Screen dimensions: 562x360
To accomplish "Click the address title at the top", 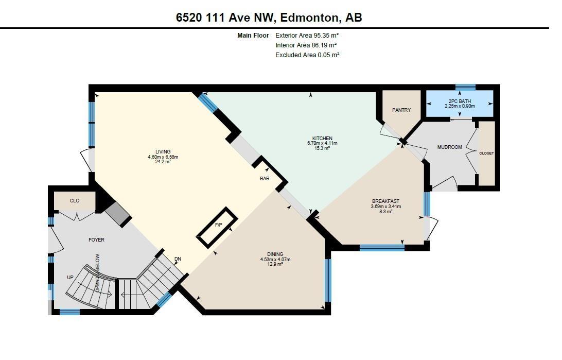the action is [x=269, y=17].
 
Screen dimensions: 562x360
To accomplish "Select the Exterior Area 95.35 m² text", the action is [x=307, y=36].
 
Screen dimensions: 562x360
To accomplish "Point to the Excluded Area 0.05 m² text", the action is [x=308, y=55].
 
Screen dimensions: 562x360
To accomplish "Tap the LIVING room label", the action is [x=163, y=151].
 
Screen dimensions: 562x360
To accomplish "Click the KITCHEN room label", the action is [x=322, y=138].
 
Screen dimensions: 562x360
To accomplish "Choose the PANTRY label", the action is [x=401, y=110].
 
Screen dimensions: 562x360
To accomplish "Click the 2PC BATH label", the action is [x=460, y=101].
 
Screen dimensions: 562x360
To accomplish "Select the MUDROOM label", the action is [x=449, y=147].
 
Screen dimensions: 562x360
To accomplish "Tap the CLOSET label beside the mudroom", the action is [x=486, y=153].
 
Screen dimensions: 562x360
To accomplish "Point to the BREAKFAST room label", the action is [x=385, y=201].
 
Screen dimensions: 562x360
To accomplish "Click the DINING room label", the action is [x=275, y=254].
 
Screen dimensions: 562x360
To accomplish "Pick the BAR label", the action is [x=265, y=178].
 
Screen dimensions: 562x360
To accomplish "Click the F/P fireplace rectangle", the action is [x=217, y=228].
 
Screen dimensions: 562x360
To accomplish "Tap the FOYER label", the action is [x=96, y=239].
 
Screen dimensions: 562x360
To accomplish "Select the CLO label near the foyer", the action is [x=75, y=200].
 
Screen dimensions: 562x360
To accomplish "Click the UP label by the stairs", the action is [x=70, y=277].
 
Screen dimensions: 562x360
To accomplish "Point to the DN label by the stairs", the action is [x=178, y=259].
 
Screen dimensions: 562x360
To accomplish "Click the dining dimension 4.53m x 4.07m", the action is [x=275, y=259].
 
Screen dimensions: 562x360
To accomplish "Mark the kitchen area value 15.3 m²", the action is [x=322, y=148].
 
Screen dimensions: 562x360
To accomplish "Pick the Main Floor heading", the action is [x=253, y=36].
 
